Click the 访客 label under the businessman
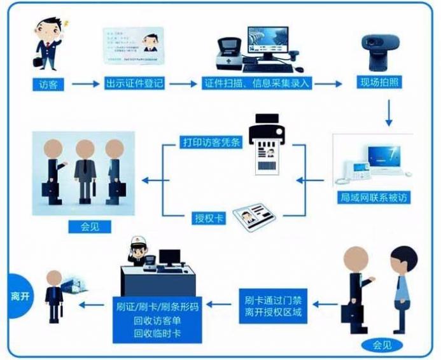[48, 84]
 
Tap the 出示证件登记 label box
[134, 84]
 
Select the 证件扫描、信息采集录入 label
[258, 84]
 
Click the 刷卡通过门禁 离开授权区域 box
[273, 305]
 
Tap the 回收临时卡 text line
[157, 333]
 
